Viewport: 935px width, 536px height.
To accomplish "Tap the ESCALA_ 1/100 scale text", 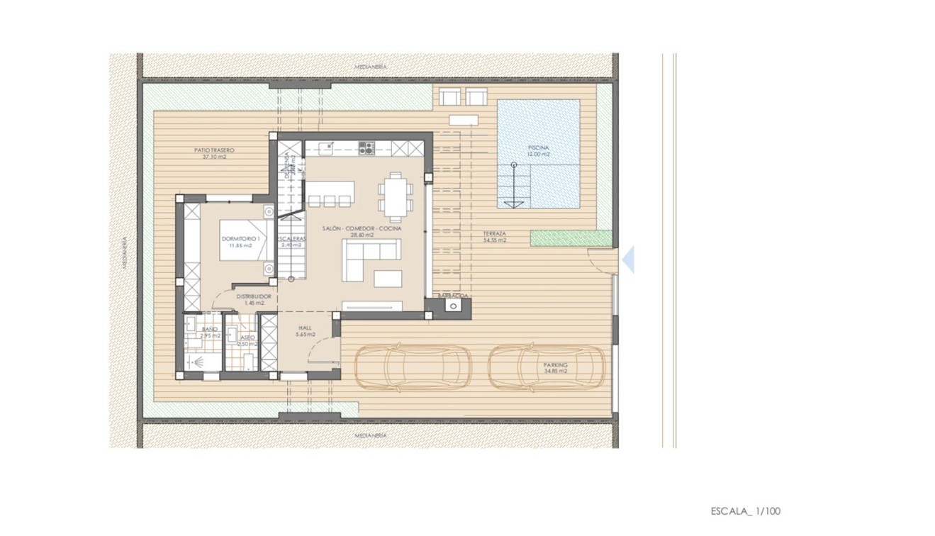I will [x=746, y=510].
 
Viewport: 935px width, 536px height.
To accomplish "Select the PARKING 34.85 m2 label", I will [x=556, y=367].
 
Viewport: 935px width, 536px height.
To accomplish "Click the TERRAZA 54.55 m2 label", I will [x=494, y=237].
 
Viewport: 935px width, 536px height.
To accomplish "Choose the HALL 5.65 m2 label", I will [x=306, y=330].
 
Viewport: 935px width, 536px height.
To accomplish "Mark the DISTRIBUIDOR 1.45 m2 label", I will [x=254, y=298].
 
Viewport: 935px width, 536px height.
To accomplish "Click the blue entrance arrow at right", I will [x=628, y=260].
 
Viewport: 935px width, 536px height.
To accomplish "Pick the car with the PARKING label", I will [x=547, y=367].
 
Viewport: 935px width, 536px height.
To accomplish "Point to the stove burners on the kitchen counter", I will [x=366, y=148].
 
